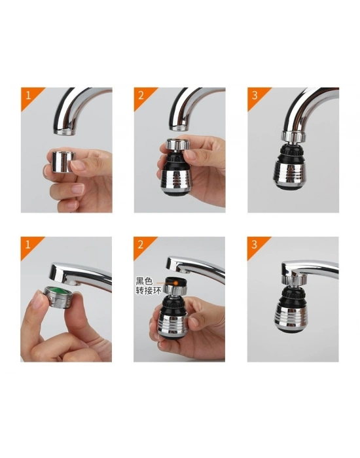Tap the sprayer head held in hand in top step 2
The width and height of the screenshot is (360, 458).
(x=173, y=170)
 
